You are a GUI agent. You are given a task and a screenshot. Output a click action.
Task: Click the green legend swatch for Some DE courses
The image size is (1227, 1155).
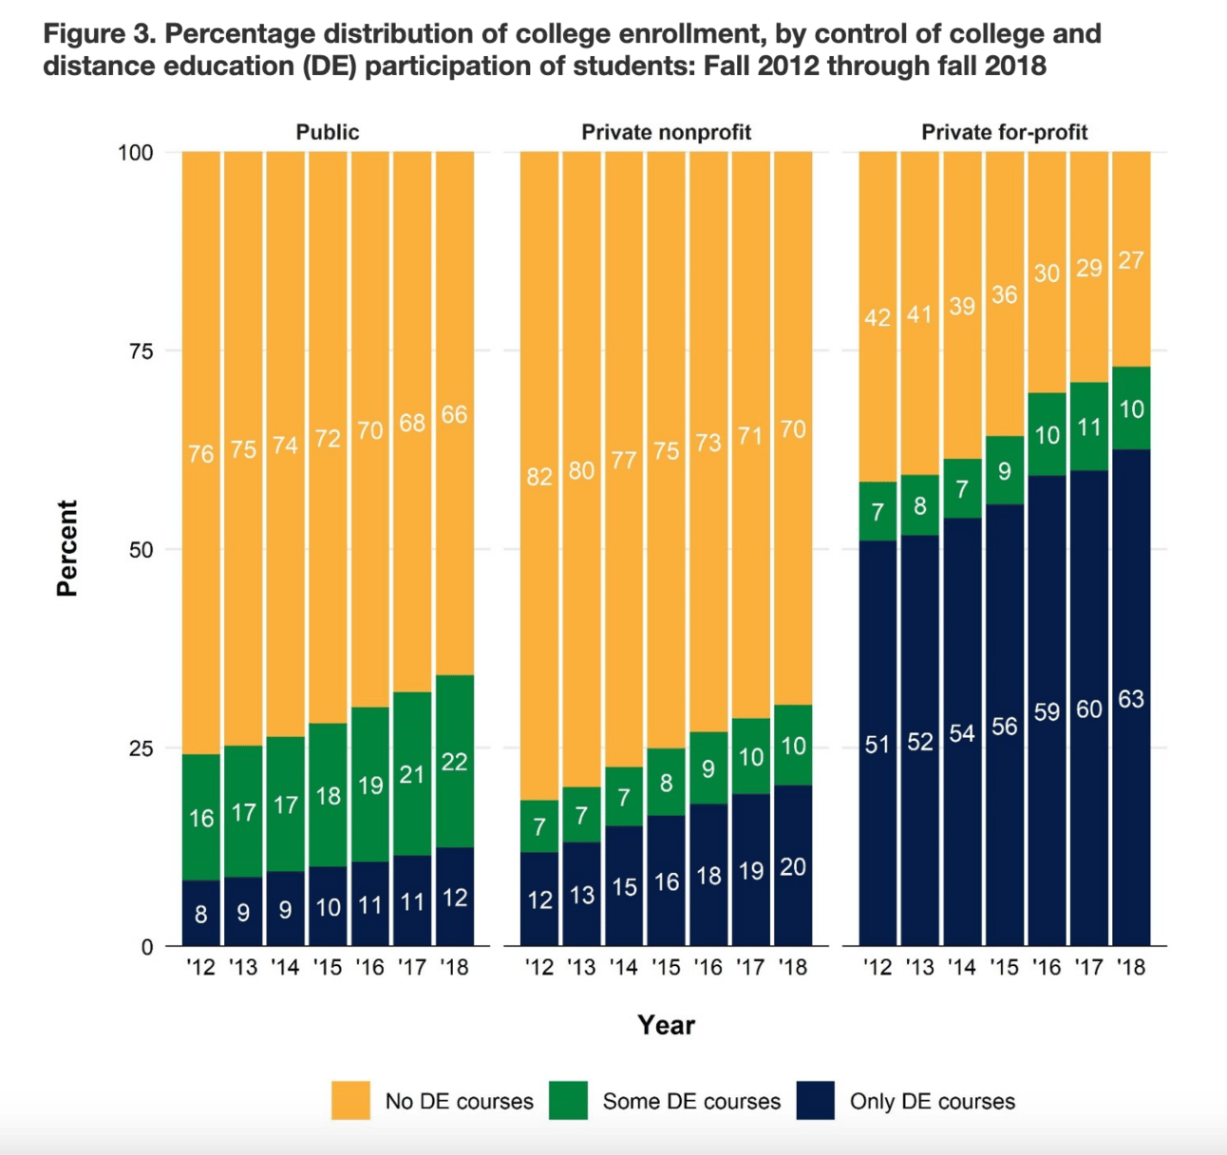pos(568,1101)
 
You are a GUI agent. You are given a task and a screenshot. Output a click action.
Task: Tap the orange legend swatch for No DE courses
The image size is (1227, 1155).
pos(350,1101)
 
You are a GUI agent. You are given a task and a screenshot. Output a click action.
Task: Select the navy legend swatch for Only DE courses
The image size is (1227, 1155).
pos(815,1101)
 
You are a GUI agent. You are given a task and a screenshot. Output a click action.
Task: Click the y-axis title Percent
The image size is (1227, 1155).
pos(66,548)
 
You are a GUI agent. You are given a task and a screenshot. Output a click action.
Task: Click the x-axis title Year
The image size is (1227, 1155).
pos(666,1025)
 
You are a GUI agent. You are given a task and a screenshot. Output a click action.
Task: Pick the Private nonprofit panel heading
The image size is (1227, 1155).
pos(666,132)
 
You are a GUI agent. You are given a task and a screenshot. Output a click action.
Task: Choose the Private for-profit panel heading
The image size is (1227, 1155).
pos(1004,132)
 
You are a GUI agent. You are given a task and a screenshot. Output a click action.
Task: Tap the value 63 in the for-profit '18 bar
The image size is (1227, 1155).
pos(1131,699)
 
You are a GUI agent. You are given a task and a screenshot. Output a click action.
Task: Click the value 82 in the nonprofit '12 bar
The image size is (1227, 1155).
pos(539,476)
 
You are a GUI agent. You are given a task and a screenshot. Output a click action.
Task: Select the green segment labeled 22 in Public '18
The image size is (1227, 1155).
pos(455,761)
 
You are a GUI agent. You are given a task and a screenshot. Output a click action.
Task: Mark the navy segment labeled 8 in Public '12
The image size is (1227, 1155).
pos(201,914)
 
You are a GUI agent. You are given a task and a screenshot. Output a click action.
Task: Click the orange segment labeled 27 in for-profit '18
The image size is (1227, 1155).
pos(1131,260)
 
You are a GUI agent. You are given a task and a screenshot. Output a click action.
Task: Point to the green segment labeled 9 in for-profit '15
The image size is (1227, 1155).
pos(1004,471)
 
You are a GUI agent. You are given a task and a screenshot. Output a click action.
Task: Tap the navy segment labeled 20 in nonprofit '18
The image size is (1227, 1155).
pos(793,866)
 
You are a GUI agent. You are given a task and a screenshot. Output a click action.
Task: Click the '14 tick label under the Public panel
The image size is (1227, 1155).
pos(285,968)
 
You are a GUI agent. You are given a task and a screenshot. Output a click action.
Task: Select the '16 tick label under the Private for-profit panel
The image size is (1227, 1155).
pos(1047,968)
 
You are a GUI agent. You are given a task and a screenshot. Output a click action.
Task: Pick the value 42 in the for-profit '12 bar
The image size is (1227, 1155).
pos(878,317)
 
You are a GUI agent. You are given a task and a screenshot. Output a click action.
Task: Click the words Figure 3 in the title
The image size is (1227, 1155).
pos(99,34)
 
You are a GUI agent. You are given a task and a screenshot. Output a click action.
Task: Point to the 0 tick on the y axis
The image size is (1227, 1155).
pos(146,947)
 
